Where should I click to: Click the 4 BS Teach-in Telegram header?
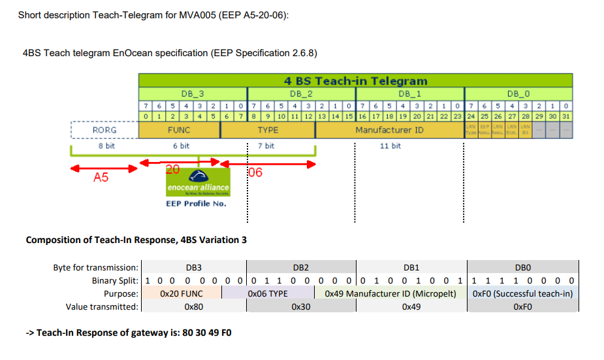[355, 81]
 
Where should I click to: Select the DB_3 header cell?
[192, 94]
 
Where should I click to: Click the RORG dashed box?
[104, 130]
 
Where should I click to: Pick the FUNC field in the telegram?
[179, 130]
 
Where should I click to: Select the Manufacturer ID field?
[389, 130]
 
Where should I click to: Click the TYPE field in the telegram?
[268, 130]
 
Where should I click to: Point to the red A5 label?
[101, 177]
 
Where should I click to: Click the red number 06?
[255, 173]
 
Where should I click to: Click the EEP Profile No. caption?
[196, 203]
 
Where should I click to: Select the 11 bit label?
[390, 146]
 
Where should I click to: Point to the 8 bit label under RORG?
[105, 146]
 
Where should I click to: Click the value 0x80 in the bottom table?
[193, 306]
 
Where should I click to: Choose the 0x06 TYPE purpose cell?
[268, 293]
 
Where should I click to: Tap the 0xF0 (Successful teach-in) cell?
[522, 293]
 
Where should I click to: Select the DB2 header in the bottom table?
[300, 267]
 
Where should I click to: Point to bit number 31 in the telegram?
[566, 116]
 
